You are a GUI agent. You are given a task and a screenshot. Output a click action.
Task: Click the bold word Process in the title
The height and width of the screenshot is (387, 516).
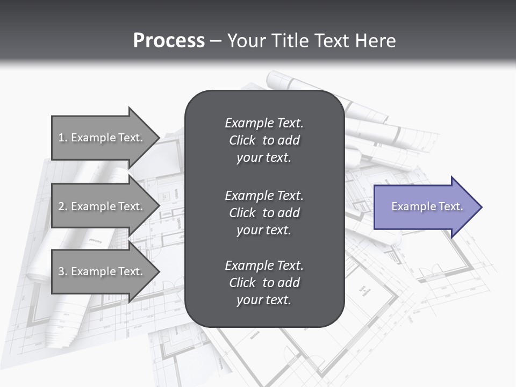click(x=169, y=41)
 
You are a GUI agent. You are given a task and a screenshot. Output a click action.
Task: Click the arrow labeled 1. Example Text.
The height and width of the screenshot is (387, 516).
click(x=102, y=138)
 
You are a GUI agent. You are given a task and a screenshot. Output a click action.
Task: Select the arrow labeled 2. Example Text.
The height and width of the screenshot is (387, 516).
click(x=102, y=206)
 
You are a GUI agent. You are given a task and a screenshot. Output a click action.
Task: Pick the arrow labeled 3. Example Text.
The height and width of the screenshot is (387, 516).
click(x=102, y=271)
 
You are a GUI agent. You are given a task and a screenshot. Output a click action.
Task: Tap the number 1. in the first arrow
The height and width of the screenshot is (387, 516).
click(x=63, y=138)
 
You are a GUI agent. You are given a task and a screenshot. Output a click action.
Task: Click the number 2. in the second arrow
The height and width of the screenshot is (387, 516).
click(x=63, y=206)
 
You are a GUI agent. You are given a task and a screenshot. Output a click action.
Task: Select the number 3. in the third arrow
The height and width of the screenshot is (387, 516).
click(x=63, y=271)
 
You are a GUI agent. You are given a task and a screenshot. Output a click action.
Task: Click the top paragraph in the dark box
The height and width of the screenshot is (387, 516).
click(x=264, y=140)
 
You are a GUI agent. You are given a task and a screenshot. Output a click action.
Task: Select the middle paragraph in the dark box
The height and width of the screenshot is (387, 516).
click(x=264, y=212)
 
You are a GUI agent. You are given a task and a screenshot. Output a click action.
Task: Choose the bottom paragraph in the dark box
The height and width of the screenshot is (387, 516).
click(x=264, y=283)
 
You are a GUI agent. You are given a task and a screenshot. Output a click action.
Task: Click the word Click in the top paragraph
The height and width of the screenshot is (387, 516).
click(x=242, y=140)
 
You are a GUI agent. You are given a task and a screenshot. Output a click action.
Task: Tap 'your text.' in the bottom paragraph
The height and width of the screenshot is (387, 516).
click(x=264, y=300)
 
